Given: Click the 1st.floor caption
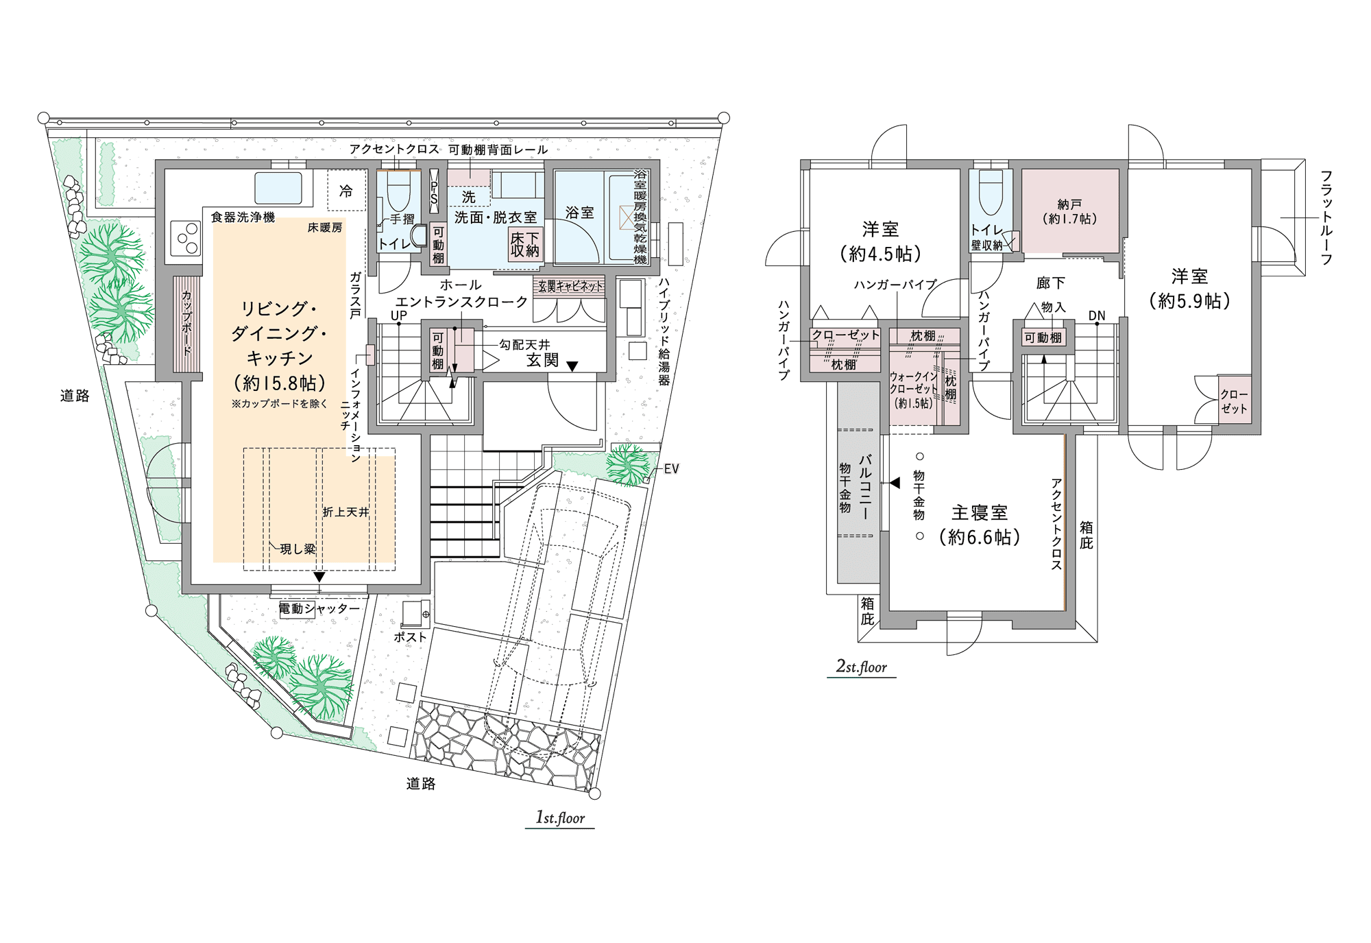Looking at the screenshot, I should click(560, 817).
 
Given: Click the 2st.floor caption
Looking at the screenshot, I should click(862, 667).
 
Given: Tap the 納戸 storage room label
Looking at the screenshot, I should click(1069, 211).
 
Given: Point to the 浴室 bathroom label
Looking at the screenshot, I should click(579, 213).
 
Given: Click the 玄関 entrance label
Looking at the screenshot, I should click(542, 361).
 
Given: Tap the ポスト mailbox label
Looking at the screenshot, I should click(410, 637).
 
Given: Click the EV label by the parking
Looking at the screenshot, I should click(671, 469).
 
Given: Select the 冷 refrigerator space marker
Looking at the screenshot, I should click(346, 191).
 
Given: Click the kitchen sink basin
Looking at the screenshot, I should click(278, 187).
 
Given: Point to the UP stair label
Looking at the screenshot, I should click(399, 315).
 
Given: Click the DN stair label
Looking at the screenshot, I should click(1097, 315).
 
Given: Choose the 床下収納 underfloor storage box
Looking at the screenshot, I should click(524, 245).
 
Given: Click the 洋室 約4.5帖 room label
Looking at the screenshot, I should click(881, 241).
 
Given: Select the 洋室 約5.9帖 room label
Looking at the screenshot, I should click(1189, 288).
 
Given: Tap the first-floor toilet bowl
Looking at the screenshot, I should click(398, 192).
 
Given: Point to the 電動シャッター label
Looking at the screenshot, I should click(319, 609).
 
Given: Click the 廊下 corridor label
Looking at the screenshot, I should click(1050, 283).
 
